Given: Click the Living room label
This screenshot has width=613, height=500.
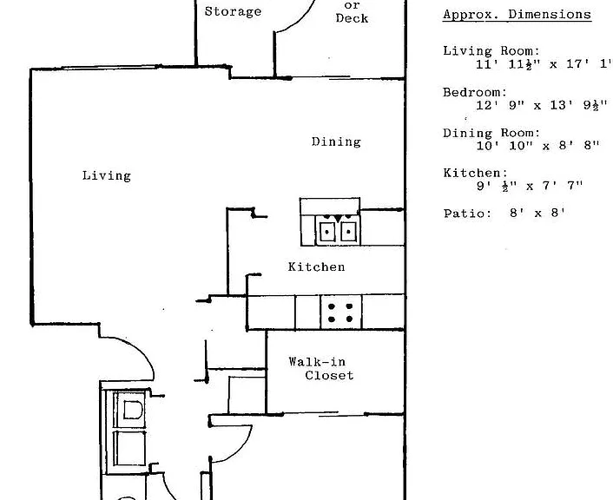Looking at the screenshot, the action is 106,176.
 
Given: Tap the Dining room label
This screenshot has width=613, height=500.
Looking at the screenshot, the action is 336,141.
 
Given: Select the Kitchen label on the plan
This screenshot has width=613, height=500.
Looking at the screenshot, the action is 316,266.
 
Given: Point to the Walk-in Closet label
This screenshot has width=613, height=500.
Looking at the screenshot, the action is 321,368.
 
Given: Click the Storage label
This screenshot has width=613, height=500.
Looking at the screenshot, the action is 233,11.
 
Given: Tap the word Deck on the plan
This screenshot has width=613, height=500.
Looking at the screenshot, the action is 352,18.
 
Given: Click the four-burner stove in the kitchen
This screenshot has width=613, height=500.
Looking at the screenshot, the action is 341,312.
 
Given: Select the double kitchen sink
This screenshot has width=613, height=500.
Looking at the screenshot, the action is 338,230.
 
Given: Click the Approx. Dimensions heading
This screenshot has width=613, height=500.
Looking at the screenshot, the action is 517,15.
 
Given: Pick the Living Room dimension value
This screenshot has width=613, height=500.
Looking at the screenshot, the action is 544,64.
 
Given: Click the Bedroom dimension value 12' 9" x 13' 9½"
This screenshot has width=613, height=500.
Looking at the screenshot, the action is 542,106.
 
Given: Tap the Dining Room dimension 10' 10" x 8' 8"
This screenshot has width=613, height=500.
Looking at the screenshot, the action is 537,146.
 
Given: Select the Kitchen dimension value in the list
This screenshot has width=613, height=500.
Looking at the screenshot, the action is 530,186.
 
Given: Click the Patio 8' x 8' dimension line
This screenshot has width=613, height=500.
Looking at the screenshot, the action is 504,214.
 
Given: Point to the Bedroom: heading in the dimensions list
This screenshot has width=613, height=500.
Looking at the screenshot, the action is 475,93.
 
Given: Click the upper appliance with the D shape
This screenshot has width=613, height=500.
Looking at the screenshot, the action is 130,410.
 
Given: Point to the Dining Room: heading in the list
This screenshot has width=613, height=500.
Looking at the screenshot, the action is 491,134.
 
